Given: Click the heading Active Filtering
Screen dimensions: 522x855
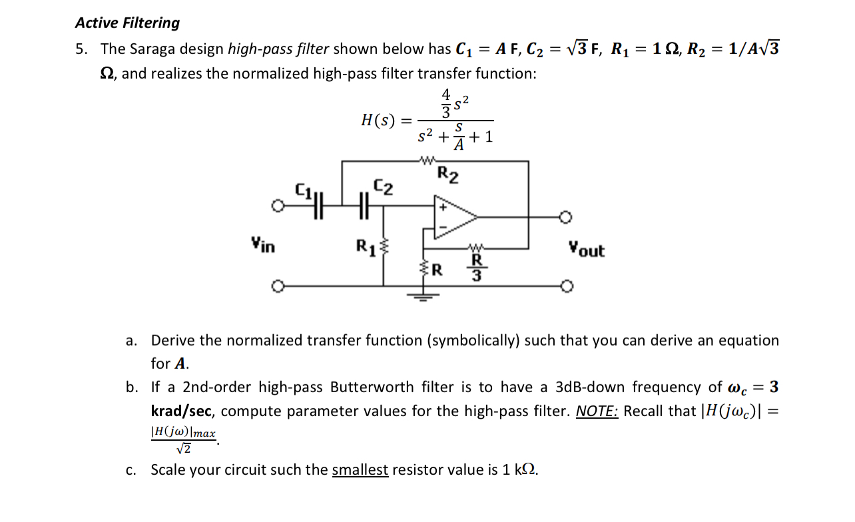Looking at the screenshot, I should tap(127, 23).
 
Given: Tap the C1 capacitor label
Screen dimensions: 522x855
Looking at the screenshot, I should tap(304, 193).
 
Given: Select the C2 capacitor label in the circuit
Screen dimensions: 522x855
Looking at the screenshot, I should tap(383, 187).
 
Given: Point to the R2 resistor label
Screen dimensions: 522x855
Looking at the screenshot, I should tap(447, 175).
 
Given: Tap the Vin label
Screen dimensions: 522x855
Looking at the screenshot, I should tap(263, 245).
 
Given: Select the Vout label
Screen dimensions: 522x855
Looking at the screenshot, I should tap(586, 250).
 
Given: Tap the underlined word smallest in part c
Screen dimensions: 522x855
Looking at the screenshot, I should tap(360, 470).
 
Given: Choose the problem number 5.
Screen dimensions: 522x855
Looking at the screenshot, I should tap(81, 49).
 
